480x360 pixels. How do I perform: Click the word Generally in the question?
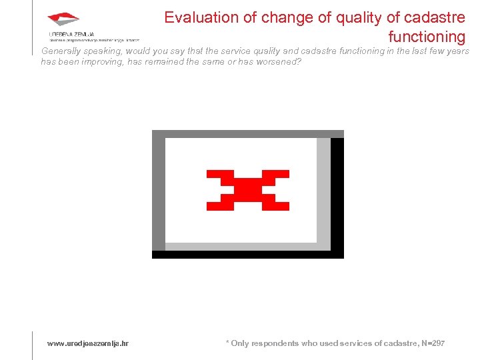click(60, 51)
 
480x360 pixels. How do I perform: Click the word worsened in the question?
click(281, 62)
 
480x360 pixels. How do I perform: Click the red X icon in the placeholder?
click(248, 190)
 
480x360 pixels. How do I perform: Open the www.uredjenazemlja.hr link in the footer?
click(88, 343)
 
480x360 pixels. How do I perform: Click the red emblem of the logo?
click(63, 19)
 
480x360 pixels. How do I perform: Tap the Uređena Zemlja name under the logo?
click(71, 34)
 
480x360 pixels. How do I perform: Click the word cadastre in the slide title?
click(435, 17)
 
